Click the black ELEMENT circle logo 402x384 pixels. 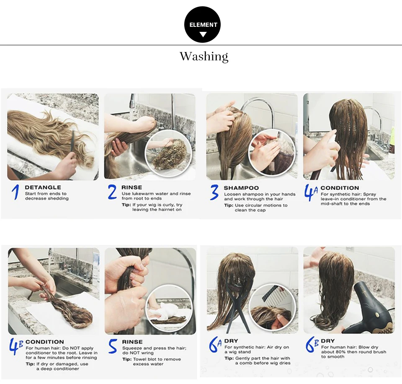202,25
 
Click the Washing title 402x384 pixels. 204,57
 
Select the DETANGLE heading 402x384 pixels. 43,187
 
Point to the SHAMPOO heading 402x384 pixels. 241,188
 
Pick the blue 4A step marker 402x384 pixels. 311,192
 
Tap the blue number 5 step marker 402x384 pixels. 113,346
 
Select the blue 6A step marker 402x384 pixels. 215,345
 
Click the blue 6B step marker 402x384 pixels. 312,345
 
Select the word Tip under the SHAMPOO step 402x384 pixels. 228,205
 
